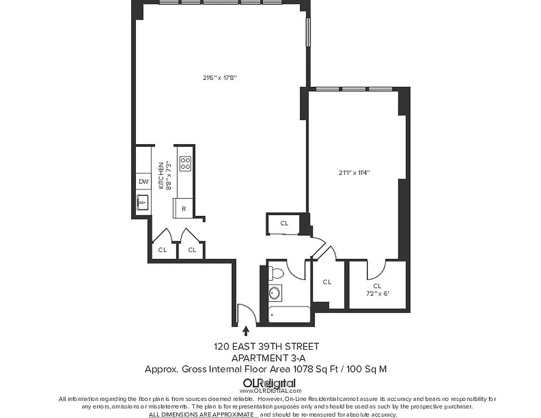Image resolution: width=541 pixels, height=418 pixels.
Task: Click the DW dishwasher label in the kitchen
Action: pyautogui.click(x=143, y=182)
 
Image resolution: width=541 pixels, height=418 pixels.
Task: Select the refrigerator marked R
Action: pyautogui.click(x=183, y=208)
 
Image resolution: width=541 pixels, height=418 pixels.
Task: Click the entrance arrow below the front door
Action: pyautogui.click(x=246, y=330)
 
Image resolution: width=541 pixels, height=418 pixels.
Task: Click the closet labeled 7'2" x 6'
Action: pyautogui.click(x=377, y=289)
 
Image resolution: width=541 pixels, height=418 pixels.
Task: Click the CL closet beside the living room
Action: pyautogui.click(x=284, y=224)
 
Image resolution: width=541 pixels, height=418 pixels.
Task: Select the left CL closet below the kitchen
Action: pyautogui.click(x=163, y=250)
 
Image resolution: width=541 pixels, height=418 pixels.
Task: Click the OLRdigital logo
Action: pyautogui.click(x=270, y=383)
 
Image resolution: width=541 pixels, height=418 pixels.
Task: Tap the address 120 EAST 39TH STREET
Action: pyautogui.click(x=266, y=346)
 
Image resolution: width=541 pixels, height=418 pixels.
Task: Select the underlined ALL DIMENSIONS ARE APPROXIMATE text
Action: pyautogui.click(x=203, y=414)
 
